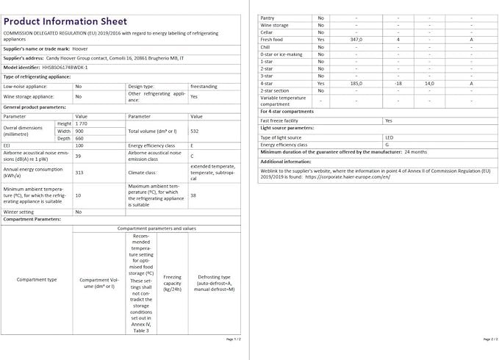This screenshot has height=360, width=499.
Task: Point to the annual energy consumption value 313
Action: pos(79,172)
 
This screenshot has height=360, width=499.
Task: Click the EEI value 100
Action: pos(79,145)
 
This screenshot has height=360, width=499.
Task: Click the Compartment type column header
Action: pos(37,279)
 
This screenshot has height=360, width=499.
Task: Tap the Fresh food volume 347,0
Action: pos(356,39)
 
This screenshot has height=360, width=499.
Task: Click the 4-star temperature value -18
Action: pos(398,84)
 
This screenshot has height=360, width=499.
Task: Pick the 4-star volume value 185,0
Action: pos(356,84)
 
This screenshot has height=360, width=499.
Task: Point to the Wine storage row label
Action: pos(275,24)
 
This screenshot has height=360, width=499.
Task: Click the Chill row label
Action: pos(267,46)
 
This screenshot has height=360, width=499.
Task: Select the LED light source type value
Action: pos(389,137)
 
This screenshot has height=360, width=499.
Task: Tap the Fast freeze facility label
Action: pos(279,120)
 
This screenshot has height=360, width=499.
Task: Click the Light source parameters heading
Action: pos(287,128)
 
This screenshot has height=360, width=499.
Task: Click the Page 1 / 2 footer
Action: pos(233,339)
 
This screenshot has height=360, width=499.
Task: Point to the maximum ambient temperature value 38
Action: pos(193,195)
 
